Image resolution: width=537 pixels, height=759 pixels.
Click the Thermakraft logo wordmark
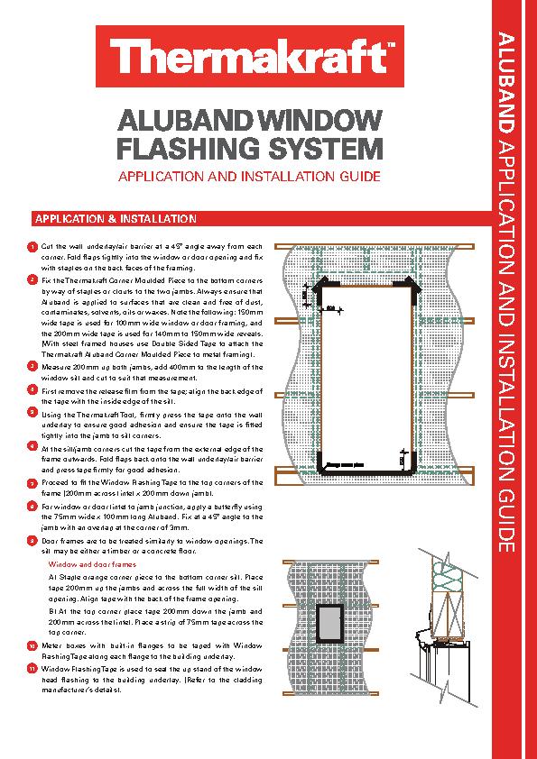pos(247,59)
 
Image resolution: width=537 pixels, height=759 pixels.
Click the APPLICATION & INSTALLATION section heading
pos(115,219)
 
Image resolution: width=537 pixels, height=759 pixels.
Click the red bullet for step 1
pos(31,247)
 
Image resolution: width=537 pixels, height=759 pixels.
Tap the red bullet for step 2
pos(31,281)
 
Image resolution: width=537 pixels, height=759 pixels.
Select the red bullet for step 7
pos(31,482)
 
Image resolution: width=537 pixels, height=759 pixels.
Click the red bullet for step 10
pos(31,647)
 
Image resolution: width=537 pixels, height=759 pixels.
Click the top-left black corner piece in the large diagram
pos(320,286)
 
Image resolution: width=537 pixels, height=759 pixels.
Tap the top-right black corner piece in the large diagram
pos(412,286)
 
